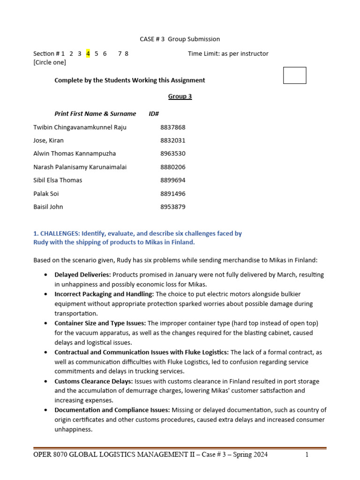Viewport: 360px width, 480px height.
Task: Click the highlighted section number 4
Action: [88, 53]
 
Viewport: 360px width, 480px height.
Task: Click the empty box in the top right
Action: [294, 75]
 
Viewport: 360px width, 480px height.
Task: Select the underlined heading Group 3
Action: [180, 97]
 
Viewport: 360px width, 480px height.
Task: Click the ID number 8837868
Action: [172, 127]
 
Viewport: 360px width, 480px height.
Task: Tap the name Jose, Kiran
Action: [49, 140]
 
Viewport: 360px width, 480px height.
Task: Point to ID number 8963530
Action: [172, 153]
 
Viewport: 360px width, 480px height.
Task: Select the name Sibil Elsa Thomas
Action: [58, 180]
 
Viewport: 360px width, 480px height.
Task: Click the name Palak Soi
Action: [46, 194]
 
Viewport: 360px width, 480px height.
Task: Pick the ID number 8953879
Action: [172, 207]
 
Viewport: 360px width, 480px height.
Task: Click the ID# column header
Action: [154, 113]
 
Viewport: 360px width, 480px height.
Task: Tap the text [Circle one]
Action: [50, 62]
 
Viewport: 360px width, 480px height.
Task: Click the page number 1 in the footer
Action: [307, 455]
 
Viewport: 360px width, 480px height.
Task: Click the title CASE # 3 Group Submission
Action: [180, 39]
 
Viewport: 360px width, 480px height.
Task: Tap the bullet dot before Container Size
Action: [45, 323]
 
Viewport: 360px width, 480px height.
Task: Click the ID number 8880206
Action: [172, 167]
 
